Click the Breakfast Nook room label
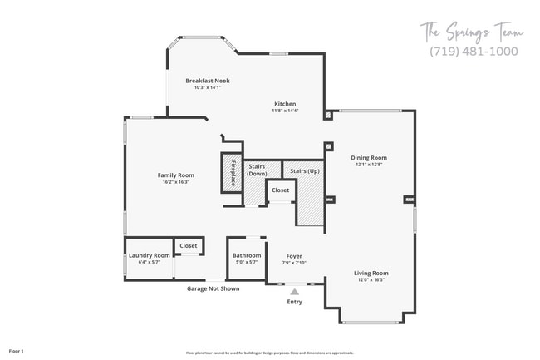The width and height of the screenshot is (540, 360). point(207,81)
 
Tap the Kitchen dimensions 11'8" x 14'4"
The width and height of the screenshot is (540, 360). point(285,110)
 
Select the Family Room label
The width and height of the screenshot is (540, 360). point(175,175)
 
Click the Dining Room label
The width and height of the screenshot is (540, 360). point(368,157)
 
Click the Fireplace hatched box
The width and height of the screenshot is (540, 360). point(232,172)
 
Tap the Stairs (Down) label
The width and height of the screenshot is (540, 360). point(257,170)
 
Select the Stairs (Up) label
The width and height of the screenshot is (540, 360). point(303,171)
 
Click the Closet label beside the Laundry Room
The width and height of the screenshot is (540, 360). point(189,246)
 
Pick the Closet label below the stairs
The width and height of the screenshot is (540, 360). point(280,190)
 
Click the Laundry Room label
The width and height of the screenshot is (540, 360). point(150,255)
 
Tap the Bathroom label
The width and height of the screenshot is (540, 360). point(247,255)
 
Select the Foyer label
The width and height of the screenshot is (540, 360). point(294,255)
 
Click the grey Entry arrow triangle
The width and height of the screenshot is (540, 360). point(294,292)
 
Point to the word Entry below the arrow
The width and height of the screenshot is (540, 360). point(294,301)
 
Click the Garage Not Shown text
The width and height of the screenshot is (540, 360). point(213,288)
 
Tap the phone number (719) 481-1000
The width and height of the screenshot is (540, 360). point(473,51)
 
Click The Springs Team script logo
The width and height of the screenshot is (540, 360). point(472,32)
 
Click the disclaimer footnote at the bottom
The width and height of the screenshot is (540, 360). point(269,353)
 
